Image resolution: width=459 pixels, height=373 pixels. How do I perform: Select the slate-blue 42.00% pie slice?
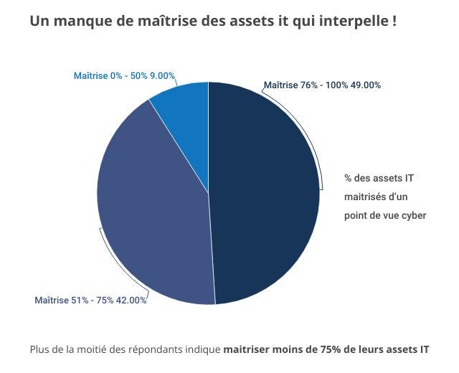point(154,208)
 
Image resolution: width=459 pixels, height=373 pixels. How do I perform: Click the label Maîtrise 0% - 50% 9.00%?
point(124,76)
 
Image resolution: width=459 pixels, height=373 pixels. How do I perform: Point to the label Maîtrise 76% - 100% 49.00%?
point(322,85)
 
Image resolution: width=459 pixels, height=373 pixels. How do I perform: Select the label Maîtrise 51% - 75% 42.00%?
point(90,300)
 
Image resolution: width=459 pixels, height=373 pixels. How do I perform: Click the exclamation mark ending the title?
point(394,22)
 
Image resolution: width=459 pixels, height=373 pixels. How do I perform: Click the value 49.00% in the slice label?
point(364,85)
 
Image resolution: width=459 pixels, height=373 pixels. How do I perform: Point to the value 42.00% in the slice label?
point(131,300)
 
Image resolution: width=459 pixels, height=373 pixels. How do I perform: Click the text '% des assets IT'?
point(379,178)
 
